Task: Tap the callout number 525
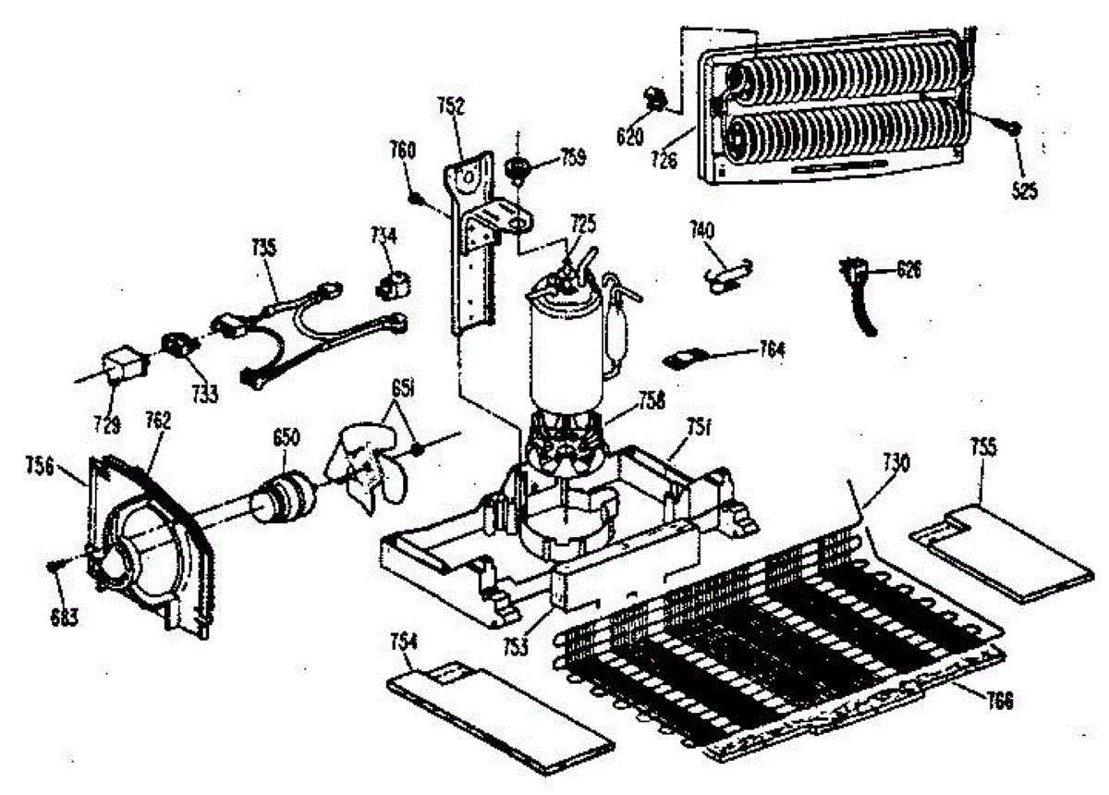coord(1023,191)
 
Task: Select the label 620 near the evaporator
coord(628,136)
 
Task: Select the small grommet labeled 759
coord(518,168)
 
